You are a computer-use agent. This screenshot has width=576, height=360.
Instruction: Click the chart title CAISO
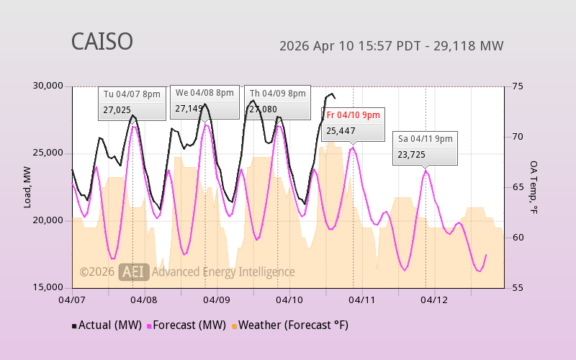102,42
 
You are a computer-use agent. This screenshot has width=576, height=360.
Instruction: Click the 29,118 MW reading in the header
471,46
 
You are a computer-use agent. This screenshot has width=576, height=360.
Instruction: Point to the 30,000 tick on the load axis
48,86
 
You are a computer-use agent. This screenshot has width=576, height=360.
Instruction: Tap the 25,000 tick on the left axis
48,153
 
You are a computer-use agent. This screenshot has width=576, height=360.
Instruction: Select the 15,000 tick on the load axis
48,287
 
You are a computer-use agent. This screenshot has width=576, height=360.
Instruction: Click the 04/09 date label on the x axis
217,299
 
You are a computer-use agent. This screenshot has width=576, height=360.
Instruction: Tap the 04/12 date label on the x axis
435,299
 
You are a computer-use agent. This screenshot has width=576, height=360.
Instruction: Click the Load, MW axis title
27,187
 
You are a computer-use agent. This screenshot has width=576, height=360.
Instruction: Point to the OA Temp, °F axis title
534,187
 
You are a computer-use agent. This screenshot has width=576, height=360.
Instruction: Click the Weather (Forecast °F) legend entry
289,325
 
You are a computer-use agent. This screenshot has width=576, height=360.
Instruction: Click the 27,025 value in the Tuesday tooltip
117,110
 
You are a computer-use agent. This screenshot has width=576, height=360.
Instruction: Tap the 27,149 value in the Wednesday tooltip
189,109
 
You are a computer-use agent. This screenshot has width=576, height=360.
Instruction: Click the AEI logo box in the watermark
134,271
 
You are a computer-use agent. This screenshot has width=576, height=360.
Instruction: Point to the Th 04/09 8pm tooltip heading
277,94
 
